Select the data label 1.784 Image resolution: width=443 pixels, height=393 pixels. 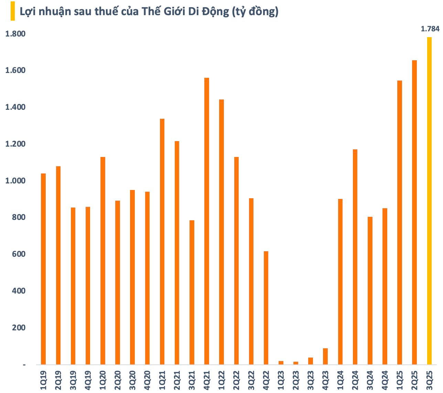(x=430, y=29)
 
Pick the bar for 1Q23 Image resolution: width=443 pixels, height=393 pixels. (x=281, y=363)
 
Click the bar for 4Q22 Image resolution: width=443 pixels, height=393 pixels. (x=266, y=308)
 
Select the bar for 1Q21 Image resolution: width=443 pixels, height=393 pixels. (x=162, y=241)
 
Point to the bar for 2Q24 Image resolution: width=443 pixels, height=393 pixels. (x=355, y=257)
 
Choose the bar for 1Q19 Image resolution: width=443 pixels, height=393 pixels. (x=43, y=269)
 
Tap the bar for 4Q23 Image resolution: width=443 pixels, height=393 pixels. (x=325, y=356)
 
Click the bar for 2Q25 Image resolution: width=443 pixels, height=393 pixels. (x=414, y=212)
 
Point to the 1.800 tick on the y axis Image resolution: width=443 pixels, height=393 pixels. (x=15, y=34)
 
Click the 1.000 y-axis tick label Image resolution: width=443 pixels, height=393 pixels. (x=15, y=181)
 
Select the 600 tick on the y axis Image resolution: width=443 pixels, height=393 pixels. (x=18, y=254)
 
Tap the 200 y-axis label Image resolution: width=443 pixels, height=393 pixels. (x=18, y=328)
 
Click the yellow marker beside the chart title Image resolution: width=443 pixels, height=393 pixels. (x=13, y=11)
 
